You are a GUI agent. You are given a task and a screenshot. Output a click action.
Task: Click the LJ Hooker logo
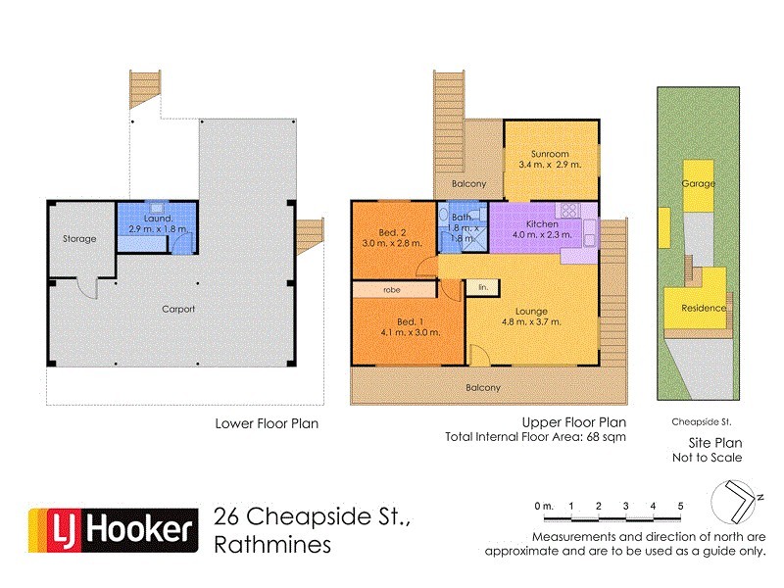click(109, 530)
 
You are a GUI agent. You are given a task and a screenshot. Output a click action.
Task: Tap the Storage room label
click(80, 238)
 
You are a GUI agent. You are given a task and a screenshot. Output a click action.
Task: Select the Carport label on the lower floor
click(179, 309)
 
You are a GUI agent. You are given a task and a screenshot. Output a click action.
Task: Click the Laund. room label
click(156, 217)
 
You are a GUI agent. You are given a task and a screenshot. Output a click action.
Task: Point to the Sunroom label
click(549, 153)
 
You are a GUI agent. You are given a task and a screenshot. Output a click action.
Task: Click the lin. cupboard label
click(482, 287)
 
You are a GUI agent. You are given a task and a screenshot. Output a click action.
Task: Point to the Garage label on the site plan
click(699, 183)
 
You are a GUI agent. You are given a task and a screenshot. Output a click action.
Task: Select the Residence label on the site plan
click(703, 308)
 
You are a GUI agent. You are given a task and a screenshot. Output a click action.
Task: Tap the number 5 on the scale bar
click(680, 506)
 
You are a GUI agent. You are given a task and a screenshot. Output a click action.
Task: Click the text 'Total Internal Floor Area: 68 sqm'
click(534, 437)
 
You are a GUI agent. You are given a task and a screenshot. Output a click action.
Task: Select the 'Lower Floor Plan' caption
click(267, 424)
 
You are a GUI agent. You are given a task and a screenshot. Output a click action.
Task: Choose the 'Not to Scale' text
click(707, 457)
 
